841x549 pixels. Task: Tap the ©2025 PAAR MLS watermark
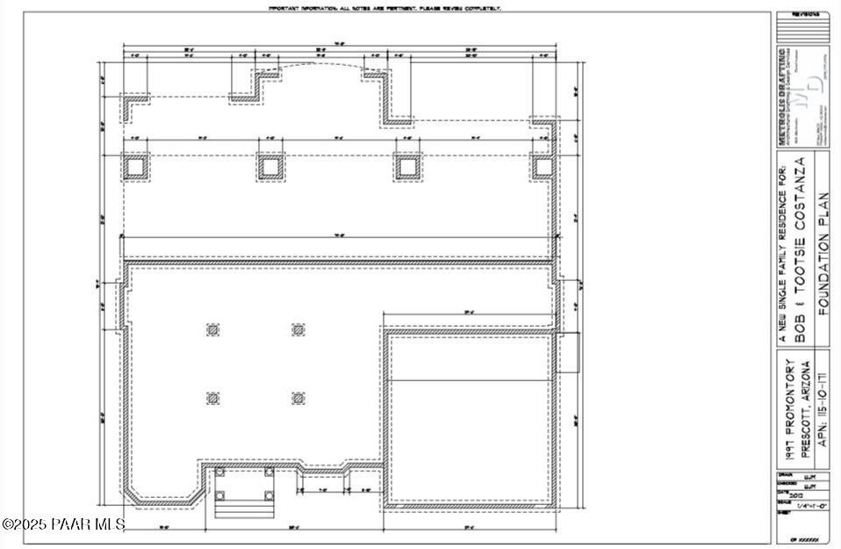63,524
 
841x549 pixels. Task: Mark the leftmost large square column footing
136,166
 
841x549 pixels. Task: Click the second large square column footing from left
270,166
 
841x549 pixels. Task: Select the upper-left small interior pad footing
212,330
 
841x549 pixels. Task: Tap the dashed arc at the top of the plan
320,68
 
